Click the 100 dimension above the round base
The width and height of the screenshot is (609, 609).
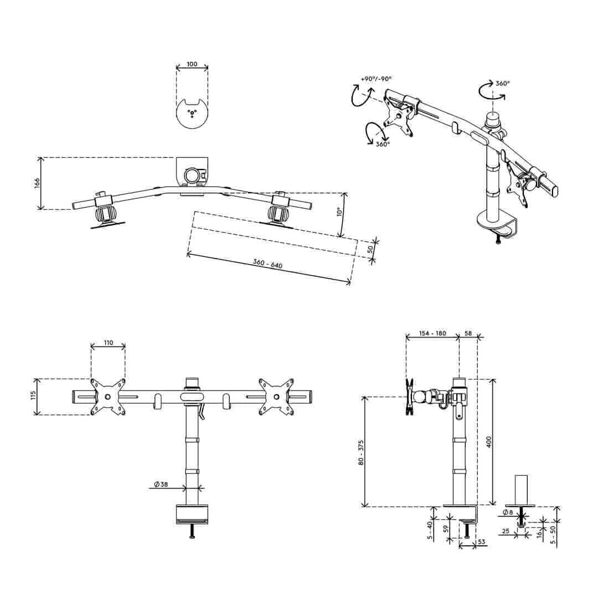[192, 64]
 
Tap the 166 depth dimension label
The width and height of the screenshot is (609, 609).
[37, 183]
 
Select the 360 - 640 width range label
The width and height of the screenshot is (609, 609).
[267, 264]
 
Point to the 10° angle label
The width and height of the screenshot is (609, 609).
[339, 211]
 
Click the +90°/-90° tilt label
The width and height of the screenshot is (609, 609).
[376, 79]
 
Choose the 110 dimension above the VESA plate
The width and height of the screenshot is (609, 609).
[109, 343]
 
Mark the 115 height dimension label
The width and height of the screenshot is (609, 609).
[33, 396]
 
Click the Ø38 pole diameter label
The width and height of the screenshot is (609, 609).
[161, 484]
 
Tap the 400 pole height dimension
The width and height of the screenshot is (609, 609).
[489, 442]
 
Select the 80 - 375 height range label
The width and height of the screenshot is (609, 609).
[361, 453]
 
